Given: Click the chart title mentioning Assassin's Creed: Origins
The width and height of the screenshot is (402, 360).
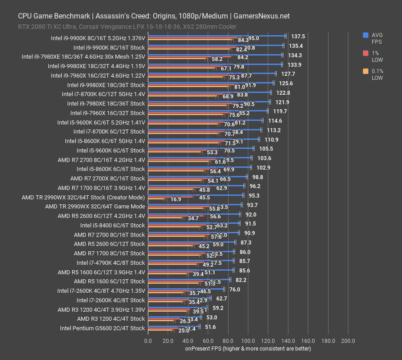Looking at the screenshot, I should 154,16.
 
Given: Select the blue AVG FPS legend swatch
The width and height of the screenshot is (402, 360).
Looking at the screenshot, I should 365,35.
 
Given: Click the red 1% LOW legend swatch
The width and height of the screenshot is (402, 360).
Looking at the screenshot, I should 365,53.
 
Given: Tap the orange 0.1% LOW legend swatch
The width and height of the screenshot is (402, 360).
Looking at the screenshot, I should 365,71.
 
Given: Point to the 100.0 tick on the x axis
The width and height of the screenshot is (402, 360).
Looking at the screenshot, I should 248,341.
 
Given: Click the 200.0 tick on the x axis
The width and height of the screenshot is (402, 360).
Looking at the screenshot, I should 348,341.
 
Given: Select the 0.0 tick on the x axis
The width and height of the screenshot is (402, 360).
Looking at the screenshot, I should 148,341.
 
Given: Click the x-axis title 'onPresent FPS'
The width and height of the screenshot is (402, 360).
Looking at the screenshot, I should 248,348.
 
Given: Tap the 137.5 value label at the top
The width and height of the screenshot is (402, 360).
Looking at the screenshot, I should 298,36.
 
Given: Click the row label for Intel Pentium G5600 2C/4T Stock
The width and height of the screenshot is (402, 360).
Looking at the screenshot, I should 102,328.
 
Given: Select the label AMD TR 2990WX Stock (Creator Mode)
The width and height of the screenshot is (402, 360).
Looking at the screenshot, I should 83,197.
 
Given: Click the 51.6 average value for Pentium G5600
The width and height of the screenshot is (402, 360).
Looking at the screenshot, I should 210,327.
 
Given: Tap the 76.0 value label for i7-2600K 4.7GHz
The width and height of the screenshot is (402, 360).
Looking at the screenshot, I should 234,290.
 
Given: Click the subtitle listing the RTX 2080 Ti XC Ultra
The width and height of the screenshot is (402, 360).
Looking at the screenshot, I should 127,27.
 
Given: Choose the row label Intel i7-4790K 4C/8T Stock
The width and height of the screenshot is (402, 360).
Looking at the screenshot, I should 110,263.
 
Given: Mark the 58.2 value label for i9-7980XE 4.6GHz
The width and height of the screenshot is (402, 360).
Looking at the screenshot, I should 217,59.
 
